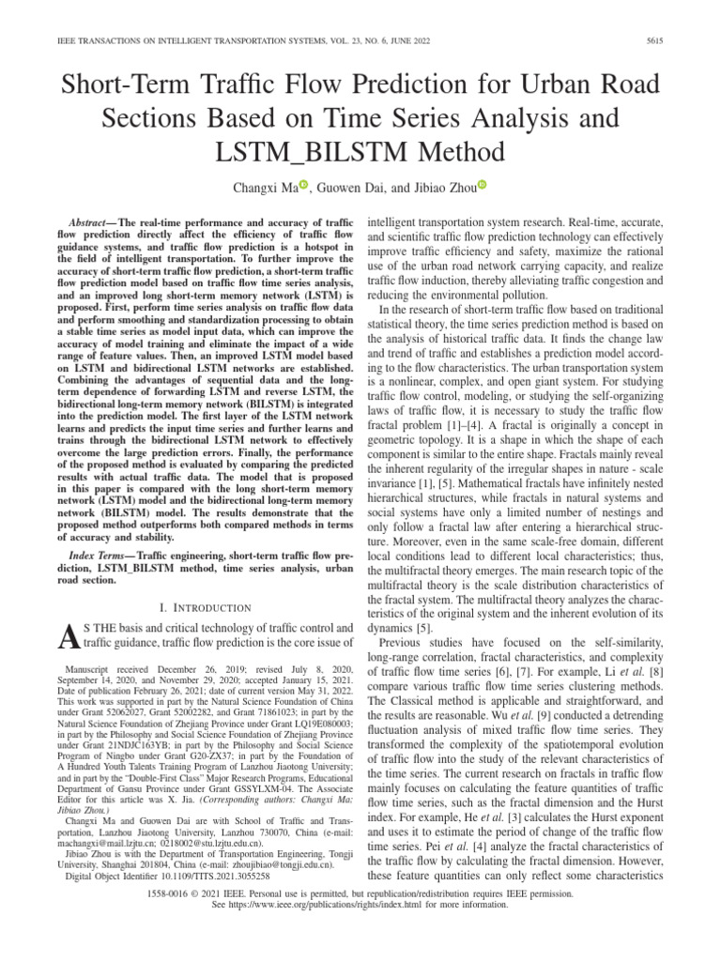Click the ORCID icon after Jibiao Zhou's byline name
483,186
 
